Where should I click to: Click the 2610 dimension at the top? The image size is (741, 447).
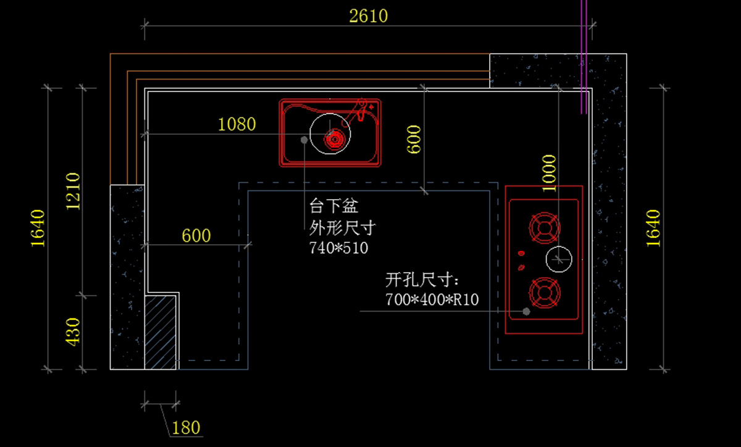pyautogui.click(x=368, y=16)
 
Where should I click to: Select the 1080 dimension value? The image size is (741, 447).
pyautogui.click(x=237, y=124)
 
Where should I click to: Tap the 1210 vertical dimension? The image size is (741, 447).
pyautogui.click(x=73, y=192)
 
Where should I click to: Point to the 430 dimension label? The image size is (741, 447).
pyautogui.click(x=73, y=332)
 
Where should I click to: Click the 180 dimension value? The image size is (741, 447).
pyautogui.click(x=186, y=427)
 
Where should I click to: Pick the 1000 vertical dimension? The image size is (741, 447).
pyautogui.click(x=550, y=173)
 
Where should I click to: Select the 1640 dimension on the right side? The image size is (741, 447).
pyautogui.click(x=653, y=228)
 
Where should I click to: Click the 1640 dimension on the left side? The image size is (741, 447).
pyautogui.click(x=38, y=228)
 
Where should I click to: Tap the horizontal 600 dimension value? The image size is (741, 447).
pyautogui.click(x=196, y=236)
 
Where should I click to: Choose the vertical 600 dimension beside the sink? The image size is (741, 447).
pyautogui.click(x=414, y=139)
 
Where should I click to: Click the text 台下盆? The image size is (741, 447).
pyautogui.click(x=334, y=206)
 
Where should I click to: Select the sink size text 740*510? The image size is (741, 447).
pyautogui.click(x=338, y=248)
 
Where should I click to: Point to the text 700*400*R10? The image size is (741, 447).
pyautogui.click(x=432, y=300)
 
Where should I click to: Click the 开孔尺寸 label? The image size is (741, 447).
pyautogui.click(x=422, y=280)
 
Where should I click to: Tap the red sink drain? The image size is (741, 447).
pyautogui.click(x=335, y=139)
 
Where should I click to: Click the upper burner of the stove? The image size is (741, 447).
pyautogui.click(x=544, y=228)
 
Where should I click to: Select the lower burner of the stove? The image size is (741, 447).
pyautogui.click(x=544, y=293)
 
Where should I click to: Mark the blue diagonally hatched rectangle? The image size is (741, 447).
pyautogui.click(x=160, y=333)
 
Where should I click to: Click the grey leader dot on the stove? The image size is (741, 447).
pyautogui.click(x=526, y=311)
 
